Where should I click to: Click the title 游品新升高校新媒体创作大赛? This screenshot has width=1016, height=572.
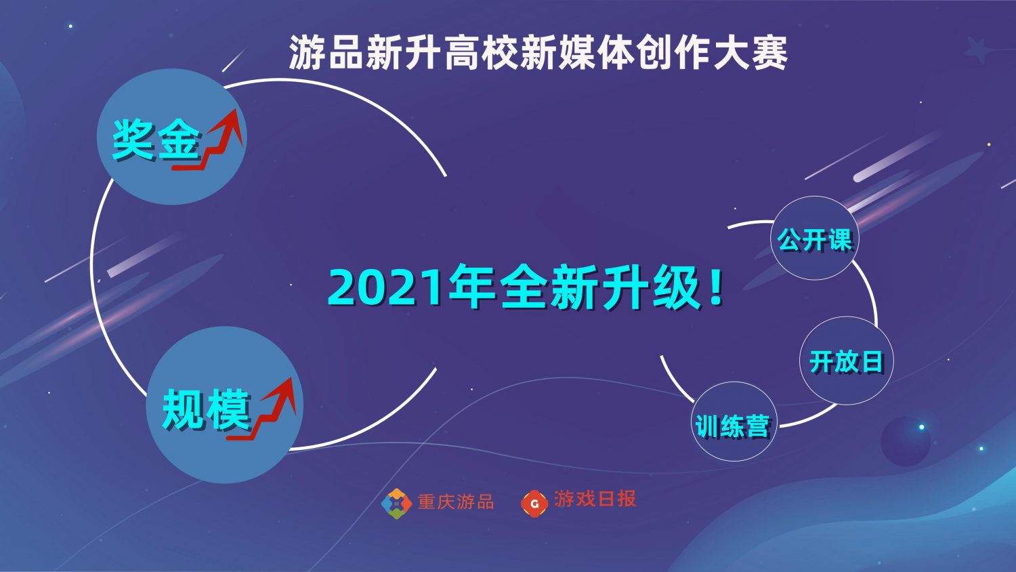pyautogui.click(x=538, y=53)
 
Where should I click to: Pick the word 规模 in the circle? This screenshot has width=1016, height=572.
pyautogui.click(x=207, y=409)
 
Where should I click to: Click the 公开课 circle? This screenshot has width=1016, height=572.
pyautogui.click(x=815, y=239)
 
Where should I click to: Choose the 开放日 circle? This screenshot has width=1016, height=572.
pyautogui.click(x=847, y=361)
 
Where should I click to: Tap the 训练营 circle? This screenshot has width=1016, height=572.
pyautogui.click(x=734, y=422)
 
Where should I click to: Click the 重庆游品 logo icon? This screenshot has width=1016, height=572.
pyautogui.click(x=396, y=504)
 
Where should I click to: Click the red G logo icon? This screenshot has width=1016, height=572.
pyautogui.click(x=534, y=504)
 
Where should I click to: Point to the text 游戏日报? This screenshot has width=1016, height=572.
pyautogui.click(x=595, y=499)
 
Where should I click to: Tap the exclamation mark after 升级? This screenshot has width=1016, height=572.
pyautogui.click(x=717, y=286)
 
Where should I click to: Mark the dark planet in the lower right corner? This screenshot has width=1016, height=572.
pyautogui.click(x=906, y=441)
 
